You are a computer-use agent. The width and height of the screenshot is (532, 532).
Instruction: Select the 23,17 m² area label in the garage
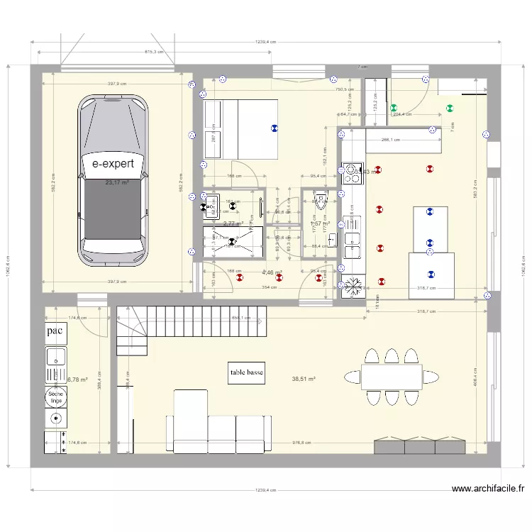(118, 183)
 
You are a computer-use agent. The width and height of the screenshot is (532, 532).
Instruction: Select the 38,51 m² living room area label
(303, 379)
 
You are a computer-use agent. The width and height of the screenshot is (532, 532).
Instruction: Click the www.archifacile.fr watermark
(488, 489)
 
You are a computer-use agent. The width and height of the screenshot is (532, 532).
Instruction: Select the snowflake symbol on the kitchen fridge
(353, 286)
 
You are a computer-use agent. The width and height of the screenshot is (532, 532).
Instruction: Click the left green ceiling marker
(394, 109)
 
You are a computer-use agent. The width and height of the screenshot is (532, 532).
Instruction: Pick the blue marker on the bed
(274, 128)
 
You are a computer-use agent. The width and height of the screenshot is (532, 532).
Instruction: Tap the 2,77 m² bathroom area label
(233, 223)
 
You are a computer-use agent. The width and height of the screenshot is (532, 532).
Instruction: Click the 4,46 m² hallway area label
(272, 272)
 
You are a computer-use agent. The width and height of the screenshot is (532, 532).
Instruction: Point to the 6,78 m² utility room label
(77, 379)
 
